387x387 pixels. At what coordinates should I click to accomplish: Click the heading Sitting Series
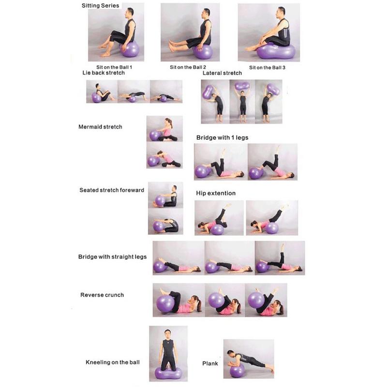pos(100,6)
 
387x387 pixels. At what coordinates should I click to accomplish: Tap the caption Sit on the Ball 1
pos(114,67)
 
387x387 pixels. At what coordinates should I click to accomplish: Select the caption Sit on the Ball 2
pos(188,67)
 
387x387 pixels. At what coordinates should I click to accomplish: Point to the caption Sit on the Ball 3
pos(267,68)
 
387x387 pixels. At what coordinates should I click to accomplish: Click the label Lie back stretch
pos(104,73)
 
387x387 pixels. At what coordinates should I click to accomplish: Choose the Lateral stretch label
pos(222,73)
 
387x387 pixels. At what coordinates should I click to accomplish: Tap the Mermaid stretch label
pos(100,127)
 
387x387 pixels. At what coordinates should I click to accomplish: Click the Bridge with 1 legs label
pos(222,138)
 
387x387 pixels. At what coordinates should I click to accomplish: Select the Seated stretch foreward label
pos(112,190)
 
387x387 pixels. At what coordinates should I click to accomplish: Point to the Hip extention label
pos(216,193)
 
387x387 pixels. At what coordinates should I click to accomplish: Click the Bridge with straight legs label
pos(112,256)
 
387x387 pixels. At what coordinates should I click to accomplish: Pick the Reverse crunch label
pos(102,295)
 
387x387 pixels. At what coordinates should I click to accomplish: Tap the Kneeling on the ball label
pos(113,362)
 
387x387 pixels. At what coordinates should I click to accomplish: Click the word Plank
pos(210,363)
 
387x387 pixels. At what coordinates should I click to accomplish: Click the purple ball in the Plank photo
pos(237,371)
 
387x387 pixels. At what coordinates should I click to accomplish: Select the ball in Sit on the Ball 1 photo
pos(130,49)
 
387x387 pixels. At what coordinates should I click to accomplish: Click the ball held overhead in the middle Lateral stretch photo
pos(242,86)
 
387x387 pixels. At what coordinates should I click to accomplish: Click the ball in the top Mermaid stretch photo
pos(155,135)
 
